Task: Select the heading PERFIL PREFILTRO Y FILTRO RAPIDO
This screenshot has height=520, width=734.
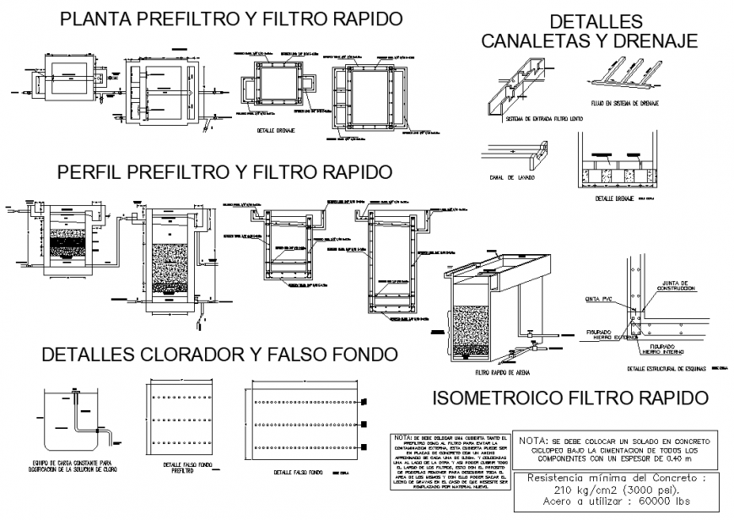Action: pos(225,172)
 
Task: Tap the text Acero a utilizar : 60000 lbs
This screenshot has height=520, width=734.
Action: pos(613,501)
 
